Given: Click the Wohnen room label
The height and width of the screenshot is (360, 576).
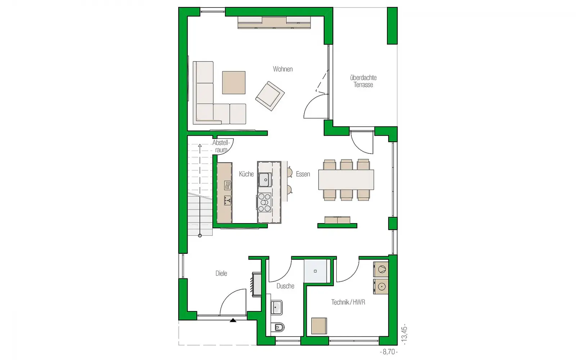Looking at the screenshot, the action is click(283, 69).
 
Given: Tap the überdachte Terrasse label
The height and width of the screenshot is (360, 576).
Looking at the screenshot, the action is click(363, 81).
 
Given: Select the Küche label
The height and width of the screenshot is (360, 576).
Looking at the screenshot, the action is click(246, 174).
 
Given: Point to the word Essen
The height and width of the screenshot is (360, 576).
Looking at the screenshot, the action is click(303, 174).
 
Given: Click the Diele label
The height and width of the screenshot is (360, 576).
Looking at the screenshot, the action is click(221, 273).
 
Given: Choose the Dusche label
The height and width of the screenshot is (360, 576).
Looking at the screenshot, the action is click(285, 286).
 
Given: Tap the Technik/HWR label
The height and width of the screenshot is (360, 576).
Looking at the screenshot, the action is click(348, 302).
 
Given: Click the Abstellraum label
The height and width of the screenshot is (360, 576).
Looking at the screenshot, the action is click(221, 146).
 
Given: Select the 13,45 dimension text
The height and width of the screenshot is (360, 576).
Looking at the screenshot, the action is click(405, 334).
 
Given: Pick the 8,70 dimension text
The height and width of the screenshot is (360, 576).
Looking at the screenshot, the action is click(389, 352).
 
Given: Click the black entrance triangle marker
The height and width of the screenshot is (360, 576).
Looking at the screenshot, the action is click(233, 320).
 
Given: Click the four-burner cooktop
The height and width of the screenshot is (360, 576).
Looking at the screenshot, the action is click(264, 202).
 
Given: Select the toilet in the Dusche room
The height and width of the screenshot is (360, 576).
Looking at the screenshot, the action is click(278, 327).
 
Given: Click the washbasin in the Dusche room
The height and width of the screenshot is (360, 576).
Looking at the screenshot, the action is click(276, 307).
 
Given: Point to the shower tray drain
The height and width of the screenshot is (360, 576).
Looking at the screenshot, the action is click(315, 271).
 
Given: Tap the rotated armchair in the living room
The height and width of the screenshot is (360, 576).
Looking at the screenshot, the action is click(270, 96).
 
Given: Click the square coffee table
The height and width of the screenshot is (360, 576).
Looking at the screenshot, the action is click(234, 82).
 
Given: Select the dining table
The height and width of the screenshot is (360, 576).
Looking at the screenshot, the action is click(346, 180).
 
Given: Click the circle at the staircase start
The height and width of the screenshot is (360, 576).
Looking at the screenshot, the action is click(200, 235).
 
